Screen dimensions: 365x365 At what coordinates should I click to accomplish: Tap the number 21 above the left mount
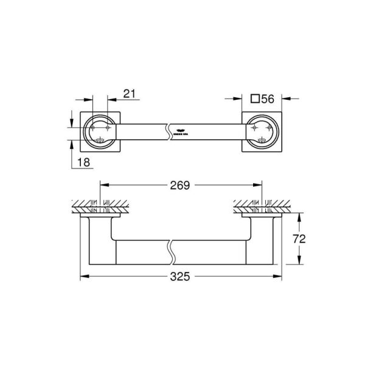tap(129, 93)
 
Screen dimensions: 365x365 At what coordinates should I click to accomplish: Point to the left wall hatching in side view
tap(97, 204)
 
